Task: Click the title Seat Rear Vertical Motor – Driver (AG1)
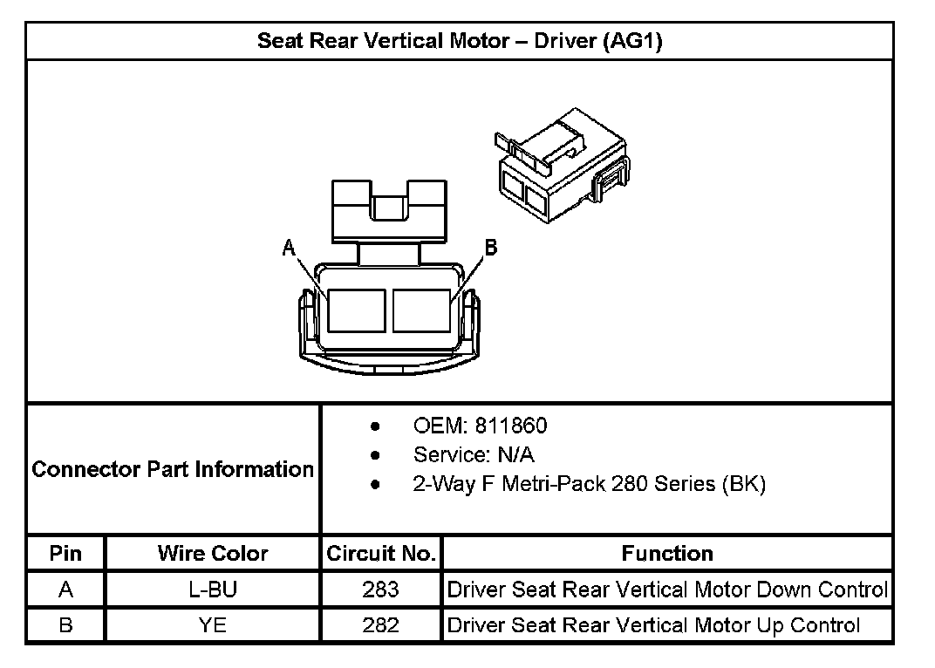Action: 460,41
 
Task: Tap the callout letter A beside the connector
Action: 289,249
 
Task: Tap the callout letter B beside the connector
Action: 490,249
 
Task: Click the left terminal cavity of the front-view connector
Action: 356,310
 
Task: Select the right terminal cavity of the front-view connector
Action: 422,310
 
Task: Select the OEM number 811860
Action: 480,426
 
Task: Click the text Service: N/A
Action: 474,455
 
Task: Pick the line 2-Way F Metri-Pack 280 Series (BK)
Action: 589,484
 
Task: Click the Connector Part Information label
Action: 173,469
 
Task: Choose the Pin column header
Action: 65,553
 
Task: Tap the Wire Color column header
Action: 213,553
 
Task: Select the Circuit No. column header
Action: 380,553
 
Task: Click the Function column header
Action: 667,553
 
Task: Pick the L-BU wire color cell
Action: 213,590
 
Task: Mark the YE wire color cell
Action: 213,624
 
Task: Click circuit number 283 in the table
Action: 380,590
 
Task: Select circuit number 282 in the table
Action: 380,624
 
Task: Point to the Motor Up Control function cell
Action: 653,624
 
